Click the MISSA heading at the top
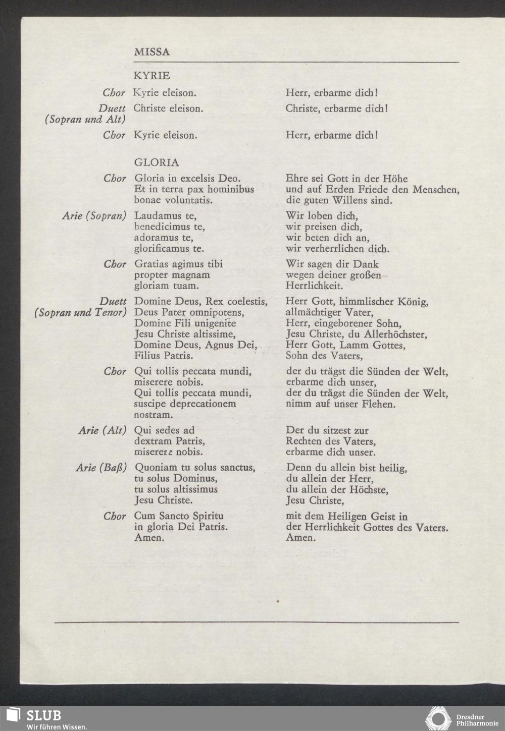(151, 52)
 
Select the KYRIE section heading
(151, 76)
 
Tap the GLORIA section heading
(156, 162)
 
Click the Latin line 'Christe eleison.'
(168, 108)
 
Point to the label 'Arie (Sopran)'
(94, 216)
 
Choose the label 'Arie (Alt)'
(102, 430)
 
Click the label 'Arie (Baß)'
(101, 468)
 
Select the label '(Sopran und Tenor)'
(80, 313)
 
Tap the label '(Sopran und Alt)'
(85, 120)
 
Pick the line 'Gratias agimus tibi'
(178, 264)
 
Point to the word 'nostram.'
(154, 415)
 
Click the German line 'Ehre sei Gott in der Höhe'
(346, 179)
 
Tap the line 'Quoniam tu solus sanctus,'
(194, 468)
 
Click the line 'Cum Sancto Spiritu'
(178, 516)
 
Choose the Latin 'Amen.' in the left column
(149, 538)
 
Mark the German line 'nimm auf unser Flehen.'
(340, 404)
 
